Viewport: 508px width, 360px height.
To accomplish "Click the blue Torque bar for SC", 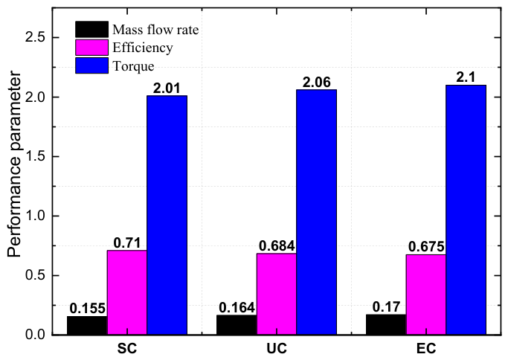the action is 167,215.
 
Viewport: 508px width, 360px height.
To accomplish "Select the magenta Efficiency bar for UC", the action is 277,294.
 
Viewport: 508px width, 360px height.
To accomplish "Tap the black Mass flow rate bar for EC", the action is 386,324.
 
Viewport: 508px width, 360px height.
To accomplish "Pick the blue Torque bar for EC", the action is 466,210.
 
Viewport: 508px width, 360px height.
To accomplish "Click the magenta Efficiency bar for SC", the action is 127,292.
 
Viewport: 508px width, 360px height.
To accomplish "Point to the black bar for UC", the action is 237,325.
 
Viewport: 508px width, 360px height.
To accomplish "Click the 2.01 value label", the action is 167,88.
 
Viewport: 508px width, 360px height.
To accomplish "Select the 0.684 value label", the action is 277,246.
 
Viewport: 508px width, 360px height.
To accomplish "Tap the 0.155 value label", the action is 88,308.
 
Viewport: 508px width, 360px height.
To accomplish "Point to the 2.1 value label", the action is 466,77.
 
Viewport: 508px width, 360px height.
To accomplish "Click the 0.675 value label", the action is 426,247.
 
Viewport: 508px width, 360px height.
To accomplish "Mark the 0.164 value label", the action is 237,307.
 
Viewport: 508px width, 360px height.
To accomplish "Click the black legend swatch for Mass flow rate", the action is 91,30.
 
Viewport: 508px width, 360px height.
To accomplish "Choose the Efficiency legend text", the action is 143,48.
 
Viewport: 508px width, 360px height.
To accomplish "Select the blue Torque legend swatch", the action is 91,65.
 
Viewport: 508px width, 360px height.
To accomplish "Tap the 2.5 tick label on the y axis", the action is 35,38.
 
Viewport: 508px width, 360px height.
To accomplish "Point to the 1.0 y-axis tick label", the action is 35,216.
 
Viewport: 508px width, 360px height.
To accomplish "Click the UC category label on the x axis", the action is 277,349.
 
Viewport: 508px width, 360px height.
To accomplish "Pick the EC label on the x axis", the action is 426,349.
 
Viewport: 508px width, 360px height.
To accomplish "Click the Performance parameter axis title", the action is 14,164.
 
